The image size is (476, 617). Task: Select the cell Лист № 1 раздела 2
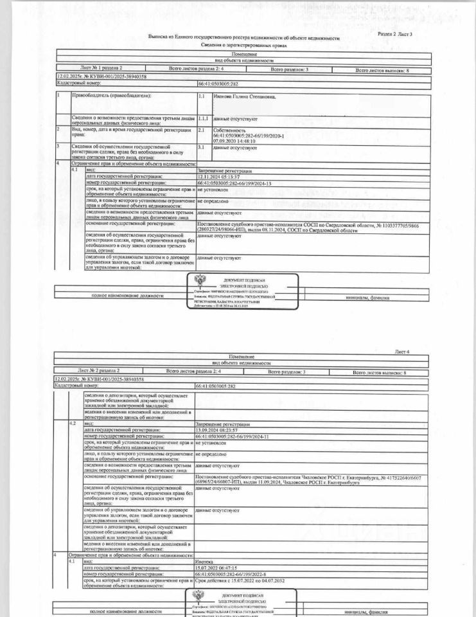tap(101, 66)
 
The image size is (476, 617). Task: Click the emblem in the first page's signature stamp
tap(199, 281)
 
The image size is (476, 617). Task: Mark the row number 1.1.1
tap(203, 118)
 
